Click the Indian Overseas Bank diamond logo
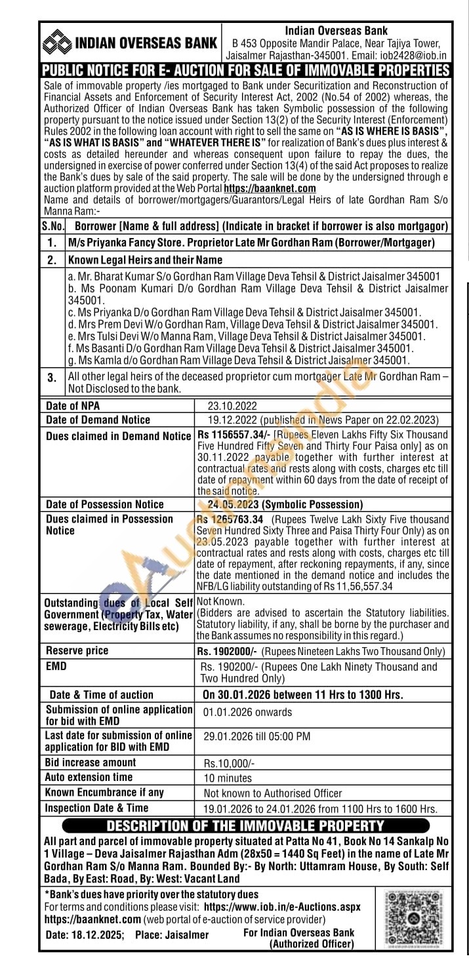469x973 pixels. pyautogui.click(x=57, y=43)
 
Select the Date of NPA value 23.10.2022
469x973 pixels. pyautogui.click(x=232, y=406)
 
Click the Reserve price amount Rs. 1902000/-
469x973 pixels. pyautogui.click(x=227, y=651)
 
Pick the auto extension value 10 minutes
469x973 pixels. pyautogui.click(x=227, y=778)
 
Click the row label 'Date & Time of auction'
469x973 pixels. pyautogui.click(x=101, y=695)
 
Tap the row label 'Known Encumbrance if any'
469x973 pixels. pyautogui.click(x=104, y=793)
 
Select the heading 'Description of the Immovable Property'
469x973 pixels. pyautogui.click(x=245, y=826)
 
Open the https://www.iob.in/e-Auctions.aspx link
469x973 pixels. pyautogui.click(x=282, y=907)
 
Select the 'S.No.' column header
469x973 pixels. pyautogui.click(x=53, y=226)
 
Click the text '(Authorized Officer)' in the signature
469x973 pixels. pyautogui.click(x=311, y=944)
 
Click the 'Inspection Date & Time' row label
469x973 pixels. pyautogui.click(x=96, y=808)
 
